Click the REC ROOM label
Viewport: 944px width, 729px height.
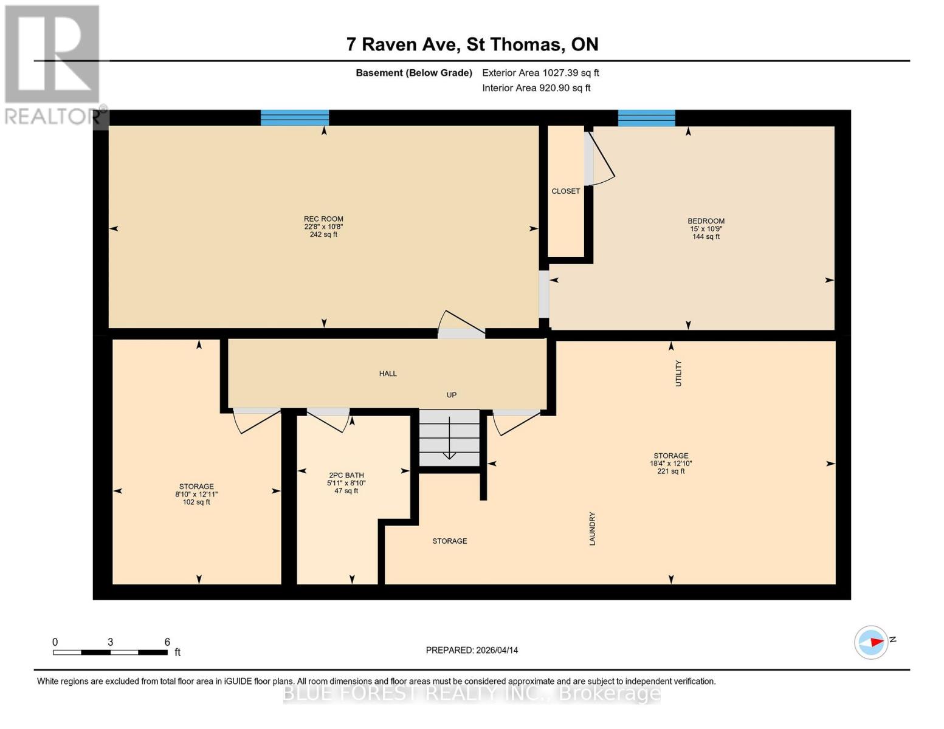point(323,219)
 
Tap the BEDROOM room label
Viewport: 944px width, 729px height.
point(706,221)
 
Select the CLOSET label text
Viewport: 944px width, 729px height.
point(565,191)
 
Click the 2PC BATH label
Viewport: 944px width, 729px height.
point(346,476)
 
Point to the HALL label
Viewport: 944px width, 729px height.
point(388,374)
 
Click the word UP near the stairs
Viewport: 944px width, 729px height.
point(452,395)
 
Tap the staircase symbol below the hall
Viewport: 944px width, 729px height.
point(449,437)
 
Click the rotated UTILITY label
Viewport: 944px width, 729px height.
point(678,373)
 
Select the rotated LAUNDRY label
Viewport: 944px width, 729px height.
point(592,529)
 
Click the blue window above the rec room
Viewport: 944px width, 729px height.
point(295,118)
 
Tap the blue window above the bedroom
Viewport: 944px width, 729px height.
point(646,118)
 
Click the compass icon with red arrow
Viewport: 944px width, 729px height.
point(871,642)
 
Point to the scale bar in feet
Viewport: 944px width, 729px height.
point(110,652)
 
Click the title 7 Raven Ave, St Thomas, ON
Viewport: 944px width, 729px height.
point(472,44)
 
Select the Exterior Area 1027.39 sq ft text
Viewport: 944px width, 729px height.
point(540,73)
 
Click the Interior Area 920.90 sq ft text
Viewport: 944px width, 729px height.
point(536,88)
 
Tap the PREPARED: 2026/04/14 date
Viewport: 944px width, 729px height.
point(472,650)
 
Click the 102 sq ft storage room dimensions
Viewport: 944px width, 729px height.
point(196,495)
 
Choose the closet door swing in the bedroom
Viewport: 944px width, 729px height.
point(601,161)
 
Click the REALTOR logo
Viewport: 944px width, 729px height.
point(53,64)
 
